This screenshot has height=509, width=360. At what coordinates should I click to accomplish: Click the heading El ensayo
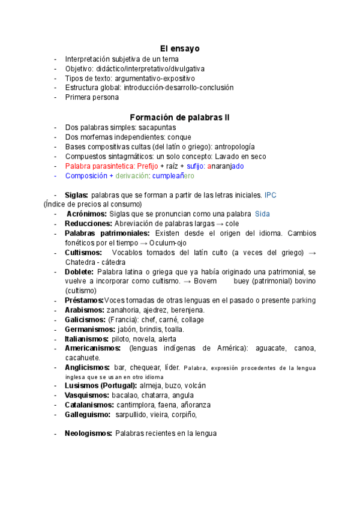tap(179, 48)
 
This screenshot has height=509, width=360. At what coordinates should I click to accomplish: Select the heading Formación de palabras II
tap(179, 117)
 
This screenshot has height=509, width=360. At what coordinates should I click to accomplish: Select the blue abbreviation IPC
tap(270, 195)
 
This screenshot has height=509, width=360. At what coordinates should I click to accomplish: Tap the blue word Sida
tap(262, 214)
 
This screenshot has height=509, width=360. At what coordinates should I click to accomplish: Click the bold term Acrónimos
tap(87, 214)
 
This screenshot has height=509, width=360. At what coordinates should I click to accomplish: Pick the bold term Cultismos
tap(83, 253)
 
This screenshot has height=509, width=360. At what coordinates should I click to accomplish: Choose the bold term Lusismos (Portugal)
tap(101, 385)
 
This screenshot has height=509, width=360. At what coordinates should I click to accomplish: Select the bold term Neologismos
tap(88, 432)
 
